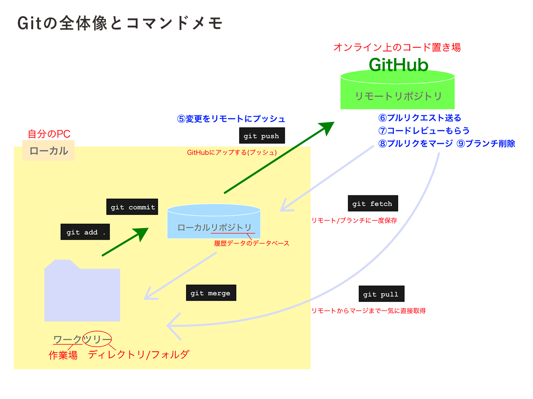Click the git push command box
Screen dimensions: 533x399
[x=262, y=135]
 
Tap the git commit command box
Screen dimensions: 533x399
[x=132, y=207]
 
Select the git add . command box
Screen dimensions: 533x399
[x=85, y=232]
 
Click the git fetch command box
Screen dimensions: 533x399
[x=373, y=203]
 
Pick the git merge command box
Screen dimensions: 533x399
[x=211, y=293]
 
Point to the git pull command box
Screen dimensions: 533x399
[x=381, y=294]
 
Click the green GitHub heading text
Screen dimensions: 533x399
[x=399, y=65]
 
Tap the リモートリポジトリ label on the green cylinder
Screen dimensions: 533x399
[x=398, y=96]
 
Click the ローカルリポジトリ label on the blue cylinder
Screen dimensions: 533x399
[x=215, y=227]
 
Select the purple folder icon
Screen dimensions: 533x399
[x=82, y=291]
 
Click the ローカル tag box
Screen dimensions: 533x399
[x=48, y=151]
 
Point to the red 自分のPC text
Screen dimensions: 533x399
[x=49, y=134]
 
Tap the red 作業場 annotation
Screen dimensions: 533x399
[x=63, y=355]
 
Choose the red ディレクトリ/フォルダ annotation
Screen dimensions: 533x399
[x=138, y=355]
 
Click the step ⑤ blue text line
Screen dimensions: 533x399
[x=231, y=119]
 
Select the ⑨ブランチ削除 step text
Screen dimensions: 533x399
[x=486, y=144]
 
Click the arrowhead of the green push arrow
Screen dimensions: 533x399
[x=328, y=127]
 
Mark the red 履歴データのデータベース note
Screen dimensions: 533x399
[x=252, y=243]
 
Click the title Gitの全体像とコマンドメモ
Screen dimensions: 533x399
[x=120, y=23]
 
